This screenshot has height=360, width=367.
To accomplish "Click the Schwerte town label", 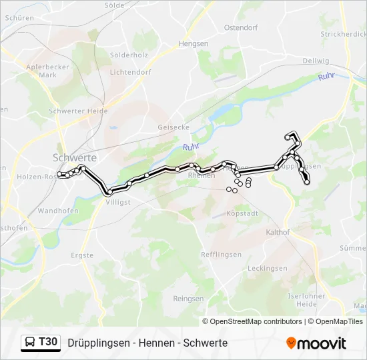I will (x=75, y=157).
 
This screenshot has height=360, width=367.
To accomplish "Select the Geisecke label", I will (x=173, y=127).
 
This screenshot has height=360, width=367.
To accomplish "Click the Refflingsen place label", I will (x=221, y=255).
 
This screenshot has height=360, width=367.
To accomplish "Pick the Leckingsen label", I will (x=268, y=269).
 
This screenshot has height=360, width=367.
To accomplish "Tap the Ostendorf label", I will (x=241, y=28).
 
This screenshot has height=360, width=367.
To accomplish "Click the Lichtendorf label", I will (x=130, y=72).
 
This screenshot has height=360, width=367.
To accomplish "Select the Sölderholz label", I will (x=129, y=55).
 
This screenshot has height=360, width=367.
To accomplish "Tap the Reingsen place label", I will (x=188, y=299).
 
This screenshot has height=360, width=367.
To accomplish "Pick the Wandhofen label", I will (x=59, y=211).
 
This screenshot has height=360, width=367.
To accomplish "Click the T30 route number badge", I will (x=48, y=343).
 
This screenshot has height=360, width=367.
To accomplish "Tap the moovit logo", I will (x=316, y=343).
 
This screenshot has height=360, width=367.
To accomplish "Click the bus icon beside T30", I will (x=31, y=343).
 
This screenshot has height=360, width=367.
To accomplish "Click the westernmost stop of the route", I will (x=59, y=175).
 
